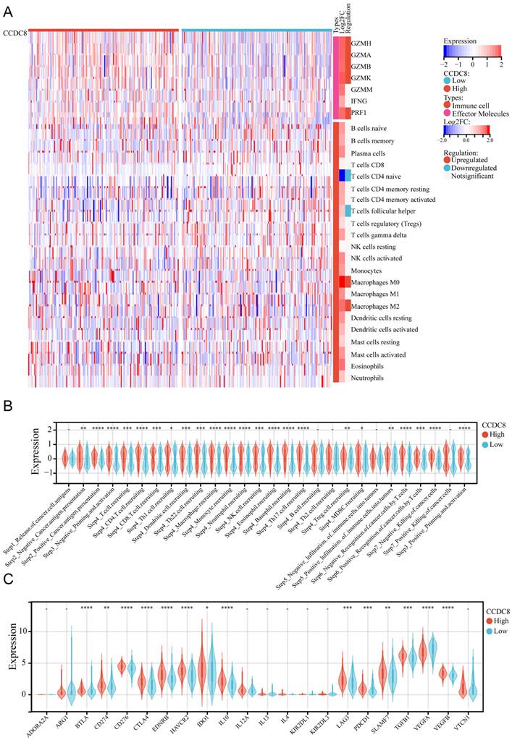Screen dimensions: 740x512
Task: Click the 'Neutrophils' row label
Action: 369,378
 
